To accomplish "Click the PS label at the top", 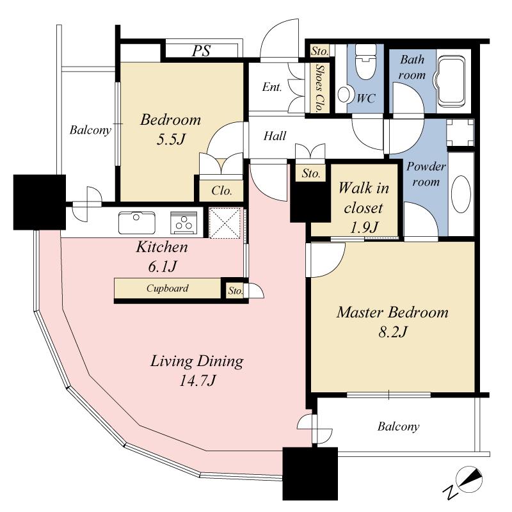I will (202, 51).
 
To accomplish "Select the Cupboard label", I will (167, 289).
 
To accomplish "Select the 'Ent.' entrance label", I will (272, 88).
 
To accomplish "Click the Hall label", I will (275, 136).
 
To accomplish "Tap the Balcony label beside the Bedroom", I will (90, 131).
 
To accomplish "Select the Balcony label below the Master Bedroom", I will (397, 426).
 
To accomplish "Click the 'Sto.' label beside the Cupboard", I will (235, 291).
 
